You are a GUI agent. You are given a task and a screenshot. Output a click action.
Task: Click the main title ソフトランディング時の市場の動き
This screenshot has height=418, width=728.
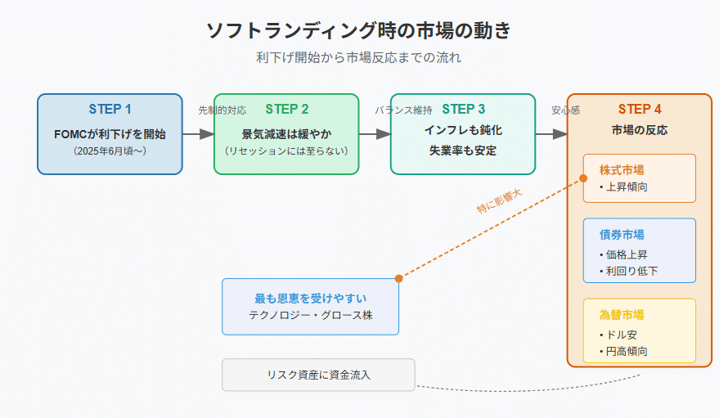358,30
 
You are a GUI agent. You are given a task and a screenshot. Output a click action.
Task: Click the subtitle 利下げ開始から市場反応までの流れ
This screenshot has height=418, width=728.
358,57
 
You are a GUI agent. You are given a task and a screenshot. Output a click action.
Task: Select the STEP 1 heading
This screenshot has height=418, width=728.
110,109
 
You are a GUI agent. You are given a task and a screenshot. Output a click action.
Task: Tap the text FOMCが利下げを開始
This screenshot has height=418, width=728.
110,134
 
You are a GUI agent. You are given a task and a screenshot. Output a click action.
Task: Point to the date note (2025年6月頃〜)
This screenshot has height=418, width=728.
110,151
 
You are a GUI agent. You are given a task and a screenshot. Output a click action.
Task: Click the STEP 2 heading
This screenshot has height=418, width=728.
287,109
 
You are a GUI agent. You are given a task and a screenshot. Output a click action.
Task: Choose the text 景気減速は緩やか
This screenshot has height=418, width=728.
286,134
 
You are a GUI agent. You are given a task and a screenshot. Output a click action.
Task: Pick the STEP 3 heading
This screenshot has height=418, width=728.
463,109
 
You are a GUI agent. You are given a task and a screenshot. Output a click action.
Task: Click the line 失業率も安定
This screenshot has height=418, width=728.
463,151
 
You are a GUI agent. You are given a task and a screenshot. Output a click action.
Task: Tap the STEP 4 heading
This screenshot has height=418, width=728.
640,109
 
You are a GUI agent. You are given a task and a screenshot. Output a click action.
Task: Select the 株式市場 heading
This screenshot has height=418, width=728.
622,170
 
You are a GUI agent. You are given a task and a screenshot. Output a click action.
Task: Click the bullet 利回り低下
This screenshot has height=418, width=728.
629,271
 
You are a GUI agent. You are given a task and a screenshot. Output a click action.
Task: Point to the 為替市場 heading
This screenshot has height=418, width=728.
622,315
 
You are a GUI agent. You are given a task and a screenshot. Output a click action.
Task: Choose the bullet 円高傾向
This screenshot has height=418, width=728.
623,351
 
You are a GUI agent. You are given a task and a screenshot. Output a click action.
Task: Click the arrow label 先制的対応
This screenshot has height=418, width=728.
222,110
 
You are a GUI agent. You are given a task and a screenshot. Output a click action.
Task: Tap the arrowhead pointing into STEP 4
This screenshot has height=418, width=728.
560,134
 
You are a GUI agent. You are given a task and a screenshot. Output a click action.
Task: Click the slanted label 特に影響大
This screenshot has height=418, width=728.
500,201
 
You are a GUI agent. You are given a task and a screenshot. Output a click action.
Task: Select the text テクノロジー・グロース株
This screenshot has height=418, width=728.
311,316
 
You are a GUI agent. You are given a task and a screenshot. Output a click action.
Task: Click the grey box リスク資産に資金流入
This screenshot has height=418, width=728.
318,375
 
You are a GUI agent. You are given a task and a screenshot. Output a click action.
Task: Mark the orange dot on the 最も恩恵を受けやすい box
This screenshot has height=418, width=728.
399,279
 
